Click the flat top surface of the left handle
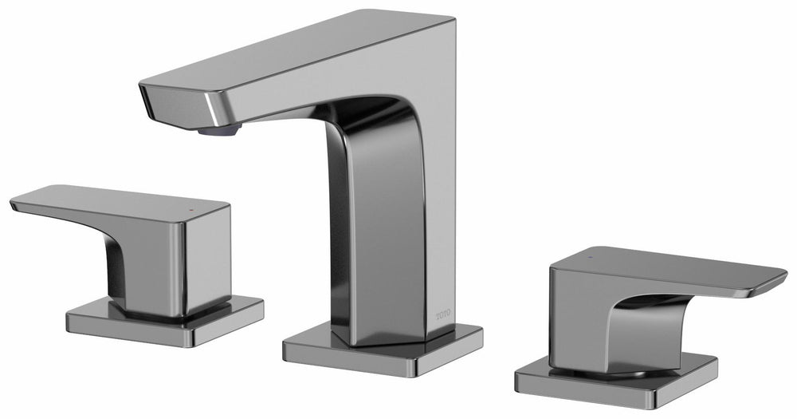coord(120,200)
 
